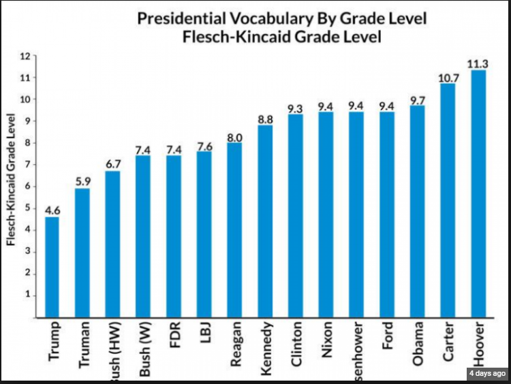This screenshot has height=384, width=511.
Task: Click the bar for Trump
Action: click(x=52, y=267)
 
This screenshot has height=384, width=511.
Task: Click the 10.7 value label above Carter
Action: click(x=448, y=78)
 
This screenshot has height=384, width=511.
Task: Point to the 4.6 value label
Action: click(x=52, y=210)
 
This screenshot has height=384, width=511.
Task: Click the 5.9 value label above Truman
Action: click(x=82, y=182)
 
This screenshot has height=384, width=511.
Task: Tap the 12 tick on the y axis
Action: click(x=27, y=57)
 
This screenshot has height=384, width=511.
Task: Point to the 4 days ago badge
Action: click(x=486, y=373)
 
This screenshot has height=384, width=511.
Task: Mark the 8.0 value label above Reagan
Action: click(x=234, y=135)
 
